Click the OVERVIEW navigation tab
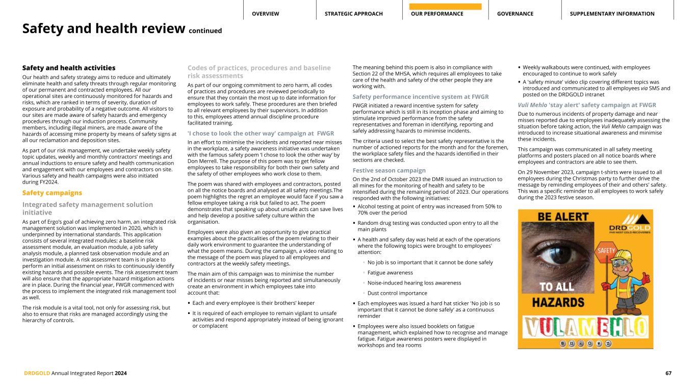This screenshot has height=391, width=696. (265, 14)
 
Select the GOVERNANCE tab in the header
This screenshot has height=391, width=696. (515, 14)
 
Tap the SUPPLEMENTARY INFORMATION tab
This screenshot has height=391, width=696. (612, 14)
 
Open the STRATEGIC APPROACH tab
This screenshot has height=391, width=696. (353, 14)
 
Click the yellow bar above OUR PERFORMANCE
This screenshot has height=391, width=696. (445, 7)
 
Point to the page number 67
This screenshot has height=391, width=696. (668, 373)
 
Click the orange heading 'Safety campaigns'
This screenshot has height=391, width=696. (52, 193)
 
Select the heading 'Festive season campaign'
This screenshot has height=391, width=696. (389, 170)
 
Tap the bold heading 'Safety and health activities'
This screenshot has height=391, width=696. (69, 68)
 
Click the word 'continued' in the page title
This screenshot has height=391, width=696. (205, 31)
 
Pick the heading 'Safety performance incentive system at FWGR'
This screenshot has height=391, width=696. (421, 96)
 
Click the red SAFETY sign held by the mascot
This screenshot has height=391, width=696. (607, 251)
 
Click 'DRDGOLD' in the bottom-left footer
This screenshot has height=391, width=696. (37, 373)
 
